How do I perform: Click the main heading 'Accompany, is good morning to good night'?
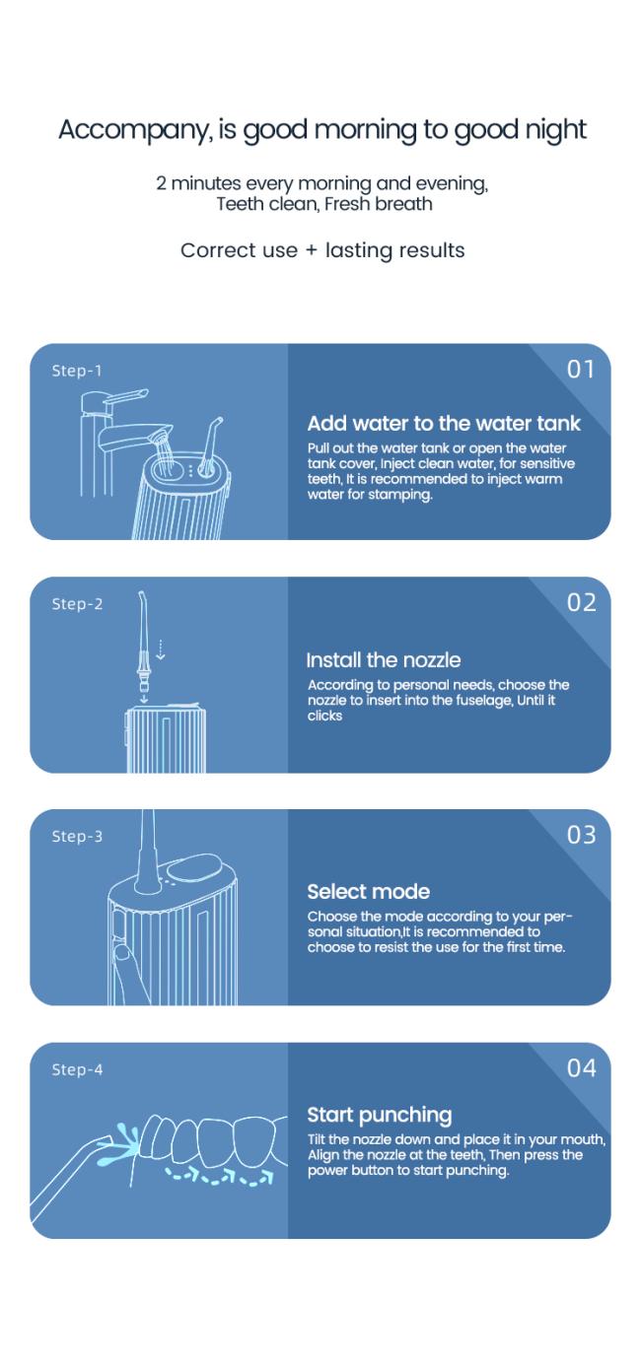[322, 130]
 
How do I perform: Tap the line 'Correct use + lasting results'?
[322, 250]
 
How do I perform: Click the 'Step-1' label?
[77, 371]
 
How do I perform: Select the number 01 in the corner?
[581, 369]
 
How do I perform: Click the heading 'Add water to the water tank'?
[444, 423]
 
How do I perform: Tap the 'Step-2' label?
[77, 604]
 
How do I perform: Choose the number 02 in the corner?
[581, 603]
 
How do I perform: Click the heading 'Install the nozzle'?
[384, 660]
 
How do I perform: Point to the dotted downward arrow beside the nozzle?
[161, 650]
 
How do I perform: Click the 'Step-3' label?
[77, 836]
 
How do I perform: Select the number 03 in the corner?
[581, 835]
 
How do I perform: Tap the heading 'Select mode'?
[369, 892]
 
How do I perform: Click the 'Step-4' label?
[77, 1069]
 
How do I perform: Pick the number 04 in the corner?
[581, 1068]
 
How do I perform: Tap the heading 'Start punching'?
[380, 1115]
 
